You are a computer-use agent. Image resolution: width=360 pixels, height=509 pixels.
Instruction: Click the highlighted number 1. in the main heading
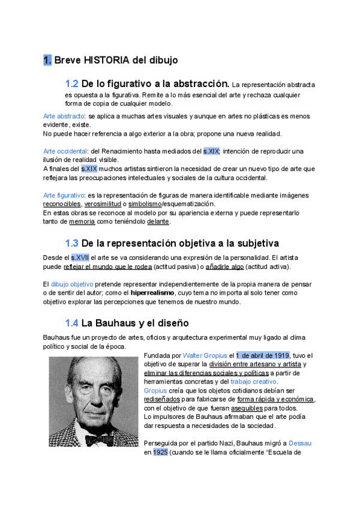point(47,60)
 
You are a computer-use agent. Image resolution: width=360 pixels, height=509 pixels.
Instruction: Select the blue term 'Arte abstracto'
point(64,116)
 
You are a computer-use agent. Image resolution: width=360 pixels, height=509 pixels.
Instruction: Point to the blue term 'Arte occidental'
point(65,151)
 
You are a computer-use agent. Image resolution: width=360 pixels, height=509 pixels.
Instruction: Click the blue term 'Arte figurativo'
point(64,195)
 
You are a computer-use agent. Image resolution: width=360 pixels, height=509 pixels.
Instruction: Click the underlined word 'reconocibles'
point(62,204)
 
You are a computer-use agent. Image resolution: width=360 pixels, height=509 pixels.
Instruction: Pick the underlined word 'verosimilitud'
point(102,204)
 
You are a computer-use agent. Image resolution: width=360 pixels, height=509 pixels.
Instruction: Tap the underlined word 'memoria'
point(82,221)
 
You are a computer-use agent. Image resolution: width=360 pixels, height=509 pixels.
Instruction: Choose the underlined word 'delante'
point(158,221)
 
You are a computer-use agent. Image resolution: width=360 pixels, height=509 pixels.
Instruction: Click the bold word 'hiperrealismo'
point(157,292)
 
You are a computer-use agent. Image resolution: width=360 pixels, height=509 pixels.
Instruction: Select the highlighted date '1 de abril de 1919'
point(263,355)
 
